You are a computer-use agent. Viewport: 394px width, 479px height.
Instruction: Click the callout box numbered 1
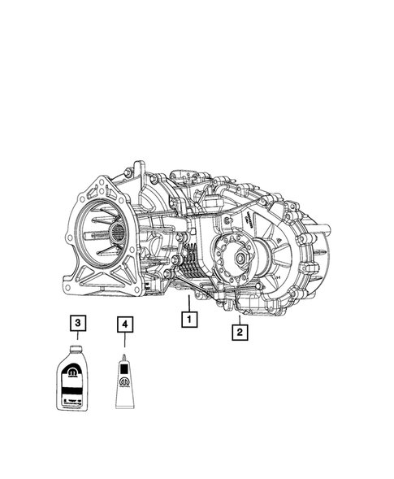[x=188, y=320]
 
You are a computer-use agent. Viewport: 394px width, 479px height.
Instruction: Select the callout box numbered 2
[x=239, y=331]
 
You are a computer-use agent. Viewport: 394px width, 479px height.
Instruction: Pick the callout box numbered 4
[x=123, y=324]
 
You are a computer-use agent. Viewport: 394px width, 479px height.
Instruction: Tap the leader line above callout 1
[x=188, y=305]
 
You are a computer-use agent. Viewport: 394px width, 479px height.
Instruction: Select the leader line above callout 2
[x=238, y=316]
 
